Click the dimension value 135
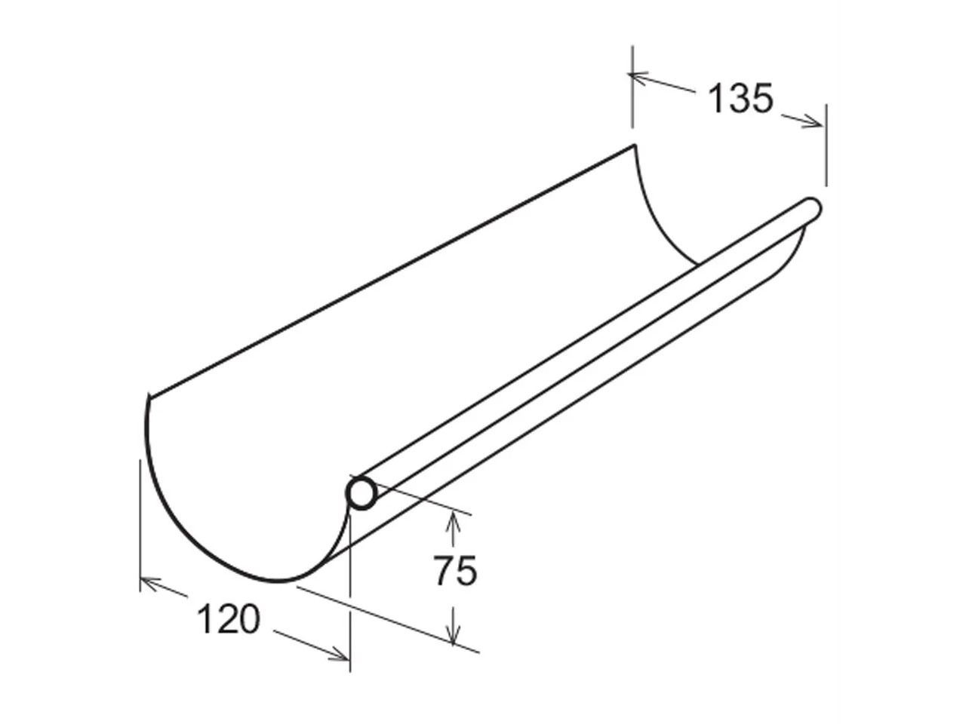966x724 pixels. coord(741,99)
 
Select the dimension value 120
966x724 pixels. coord(228,619)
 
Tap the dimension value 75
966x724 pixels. coord(455,570)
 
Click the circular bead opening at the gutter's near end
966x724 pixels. coord(361,494)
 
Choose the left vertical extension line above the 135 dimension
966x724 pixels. coord(632,87)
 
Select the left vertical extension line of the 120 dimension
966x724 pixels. coord(140,520)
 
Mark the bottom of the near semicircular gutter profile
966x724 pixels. coord(279,581)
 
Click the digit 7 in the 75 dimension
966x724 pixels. coord(444,570)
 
